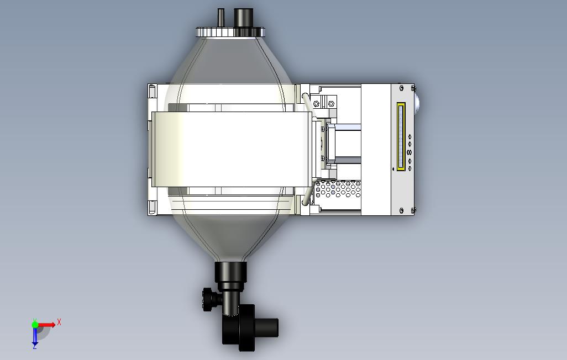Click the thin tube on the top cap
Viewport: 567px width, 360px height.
point(221,17)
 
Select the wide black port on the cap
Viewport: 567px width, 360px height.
point(243,17)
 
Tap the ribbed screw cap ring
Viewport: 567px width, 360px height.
point(230,32)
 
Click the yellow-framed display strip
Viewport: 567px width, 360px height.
point(401,136)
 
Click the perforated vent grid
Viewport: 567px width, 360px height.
point(338,189)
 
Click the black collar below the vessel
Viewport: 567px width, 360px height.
point(230,272)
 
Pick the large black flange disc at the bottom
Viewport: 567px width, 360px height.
point(248,327)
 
